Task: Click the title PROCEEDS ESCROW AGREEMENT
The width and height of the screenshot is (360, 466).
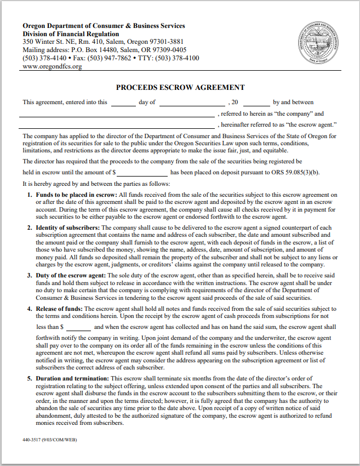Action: [x=180, y=88]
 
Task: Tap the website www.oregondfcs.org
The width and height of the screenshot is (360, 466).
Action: [x=52, y=66]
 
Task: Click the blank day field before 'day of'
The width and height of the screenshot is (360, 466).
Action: [x=123, y=103]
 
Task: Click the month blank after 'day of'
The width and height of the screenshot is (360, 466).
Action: [x=192, y=103]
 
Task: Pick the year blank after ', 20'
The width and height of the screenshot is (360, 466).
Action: [x=256, y=103]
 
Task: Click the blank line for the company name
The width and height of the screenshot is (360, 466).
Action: [x=117, y=115]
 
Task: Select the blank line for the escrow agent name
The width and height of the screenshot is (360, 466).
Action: [x=117, y=126]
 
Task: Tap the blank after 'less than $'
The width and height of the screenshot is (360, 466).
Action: [x=78, y=327]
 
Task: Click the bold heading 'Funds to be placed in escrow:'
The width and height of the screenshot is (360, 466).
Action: [x=76, y=195]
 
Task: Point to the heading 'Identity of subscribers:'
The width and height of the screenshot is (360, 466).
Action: [x=68, y=228]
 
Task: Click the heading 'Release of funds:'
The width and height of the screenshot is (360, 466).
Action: [x=60, y=309]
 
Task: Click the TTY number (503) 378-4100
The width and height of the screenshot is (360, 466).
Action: [x=179, y=58]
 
